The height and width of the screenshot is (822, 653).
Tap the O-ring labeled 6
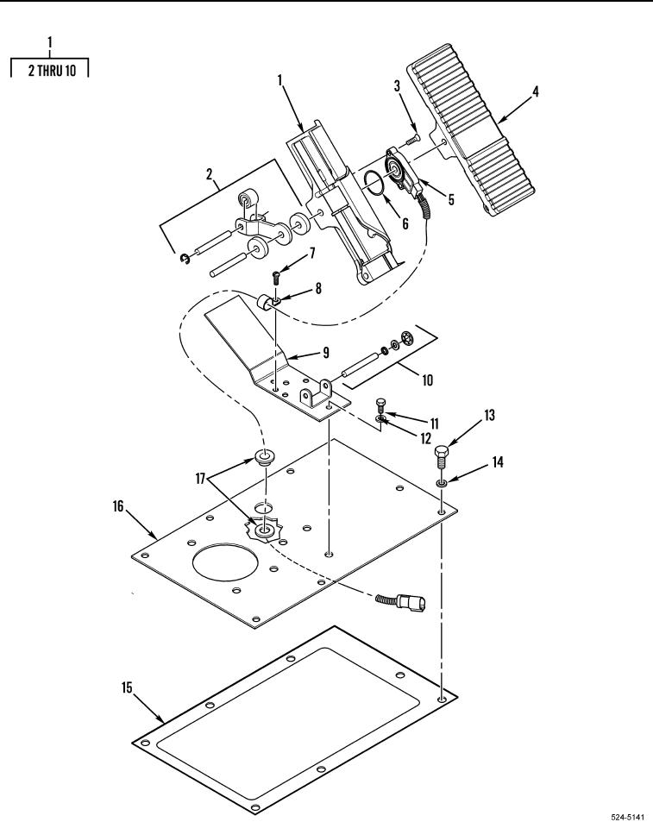[375, 183]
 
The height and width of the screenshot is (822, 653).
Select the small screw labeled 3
[413, 139]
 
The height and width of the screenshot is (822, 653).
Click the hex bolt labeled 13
[443, 457]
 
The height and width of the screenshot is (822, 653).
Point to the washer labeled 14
[442, 483]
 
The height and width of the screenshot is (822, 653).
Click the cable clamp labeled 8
[267, 303]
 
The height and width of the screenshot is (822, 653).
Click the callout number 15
[128, 687]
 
